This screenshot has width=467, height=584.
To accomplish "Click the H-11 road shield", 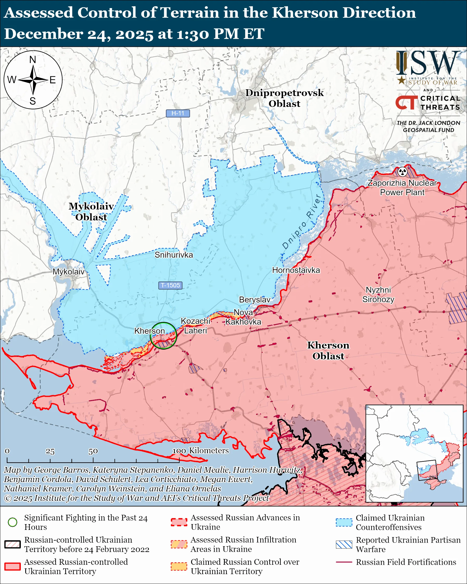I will [178, 113].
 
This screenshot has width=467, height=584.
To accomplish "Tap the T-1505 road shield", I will [170, 285].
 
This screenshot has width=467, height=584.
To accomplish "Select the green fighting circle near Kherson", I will [163, 336].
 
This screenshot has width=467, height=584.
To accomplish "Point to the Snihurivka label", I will [174, 255].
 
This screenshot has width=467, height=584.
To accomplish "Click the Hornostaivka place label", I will [296, 270].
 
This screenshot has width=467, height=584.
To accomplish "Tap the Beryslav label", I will [254, 300].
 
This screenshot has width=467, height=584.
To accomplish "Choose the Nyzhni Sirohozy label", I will [378, 295].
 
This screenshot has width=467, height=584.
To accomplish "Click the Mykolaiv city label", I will [68, 272].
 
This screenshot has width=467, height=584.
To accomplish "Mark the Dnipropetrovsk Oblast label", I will [284, 98].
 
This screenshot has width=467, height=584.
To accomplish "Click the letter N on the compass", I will [33, 60].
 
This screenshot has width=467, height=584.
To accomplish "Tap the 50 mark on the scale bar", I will [93, 451].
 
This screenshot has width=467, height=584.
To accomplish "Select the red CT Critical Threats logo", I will [406, 103].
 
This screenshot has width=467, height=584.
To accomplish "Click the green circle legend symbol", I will [12, 522].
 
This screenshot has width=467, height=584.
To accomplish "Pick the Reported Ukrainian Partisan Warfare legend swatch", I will [344, 544].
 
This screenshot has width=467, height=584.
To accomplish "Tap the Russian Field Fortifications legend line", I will [344, 562].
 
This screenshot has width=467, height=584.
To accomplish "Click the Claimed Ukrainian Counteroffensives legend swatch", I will [344, 522].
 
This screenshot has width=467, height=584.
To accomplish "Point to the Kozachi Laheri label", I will [195, 326].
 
